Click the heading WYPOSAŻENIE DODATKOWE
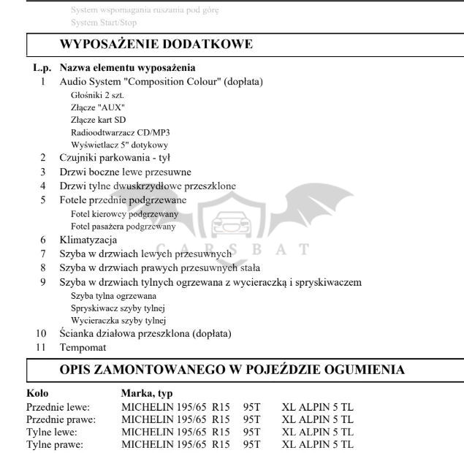point(156,44)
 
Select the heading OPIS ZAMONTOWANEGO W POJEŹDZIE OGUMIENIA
point(232,370)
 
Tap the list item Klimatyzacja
point(88,240)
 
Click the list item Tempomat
point(83,348)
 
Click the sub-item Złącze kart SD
point(99,119)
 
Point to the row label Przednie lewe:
point(58,408)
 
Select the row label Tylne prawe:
point(55,444)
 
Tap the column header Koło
point(37,394)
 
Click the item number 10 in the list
point(42,334)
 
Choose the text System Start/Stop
point(104,23)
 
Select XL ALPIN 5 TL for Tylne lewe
point(317,432)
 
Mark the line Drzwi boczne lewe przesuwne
point(125,172)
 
